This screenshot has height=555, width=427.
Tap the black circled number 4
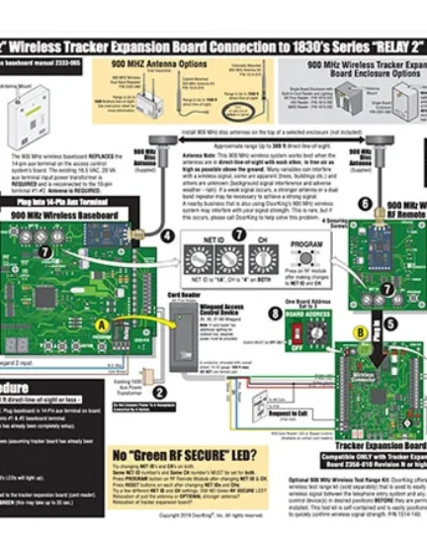(169, 234)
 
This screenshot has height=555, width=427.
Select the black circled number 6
(365, 204)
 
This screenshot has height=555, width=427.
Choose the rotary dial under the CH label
(263, 259)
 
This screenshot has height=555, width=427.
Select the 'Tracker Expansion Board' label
(377, 444)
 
